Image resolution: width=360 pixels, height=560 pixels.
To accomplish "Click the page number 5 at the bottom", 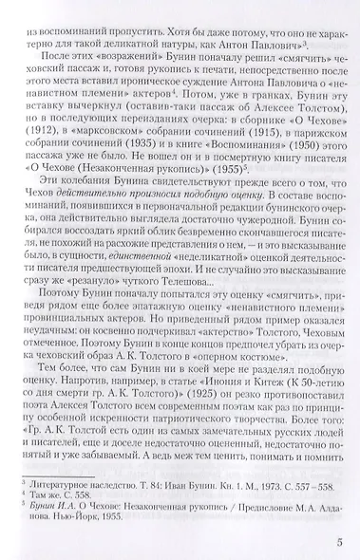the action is tap(337, 544).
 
